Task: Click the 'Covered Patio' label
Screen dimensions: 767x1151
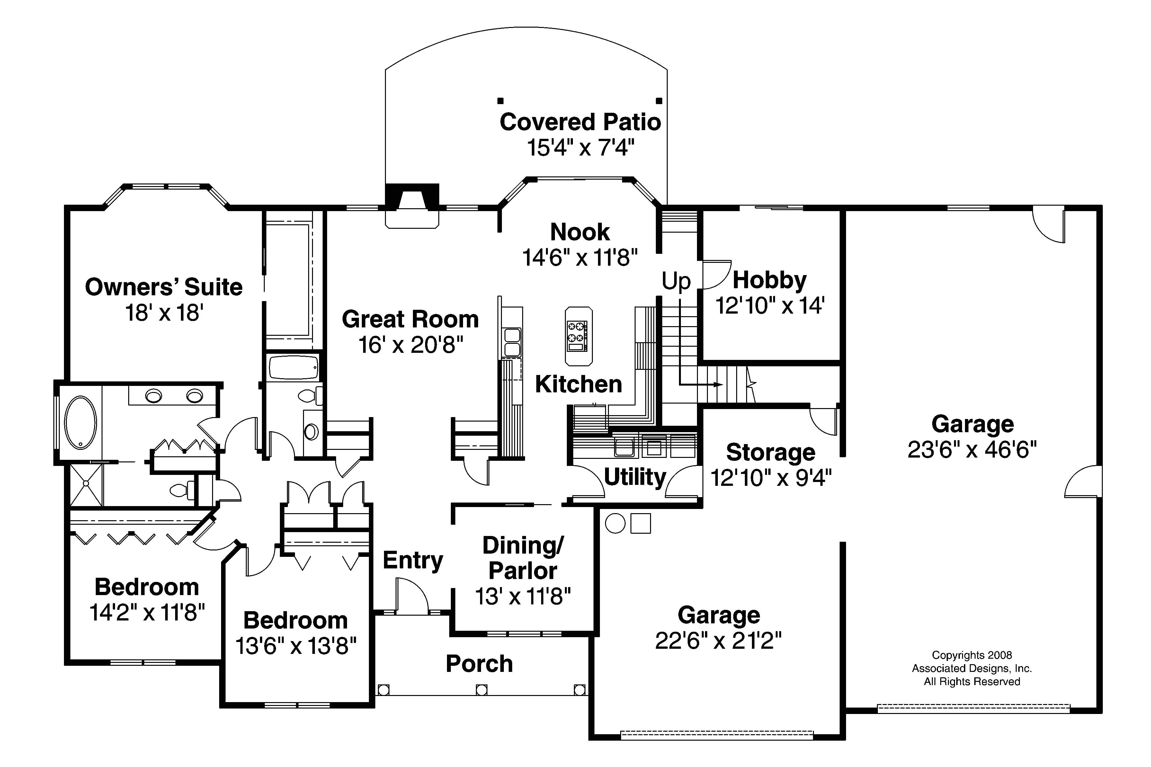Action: click(x=580, y=122)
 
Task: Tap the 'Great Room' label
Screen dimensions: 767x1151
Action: click(x=410, y=319)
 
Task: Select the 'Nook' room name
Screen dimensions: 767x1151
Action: click(x=580, y=232)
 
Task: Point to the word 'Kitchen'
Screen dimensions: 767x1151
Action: click(x=578, y=385)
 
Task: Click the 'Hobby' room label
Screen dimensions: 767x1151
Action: click(x=770, y=280)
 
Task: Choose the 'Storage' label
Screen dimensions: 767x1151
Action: click(x=771, y=452)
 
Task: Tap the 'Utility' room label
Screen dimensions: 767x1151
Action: click(x=635, y=477)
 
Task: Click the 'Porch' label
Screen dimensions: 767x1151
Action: click(x=479, y=664)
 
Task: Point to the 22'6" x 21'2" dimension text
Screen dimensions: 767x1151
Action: click(x=718, y=641)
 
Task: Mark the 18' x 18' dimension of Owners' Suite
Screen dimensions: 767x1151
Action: click(x=164, y=313)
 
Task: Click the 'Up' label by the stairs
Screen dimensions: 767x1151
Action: click(x=676, y=281)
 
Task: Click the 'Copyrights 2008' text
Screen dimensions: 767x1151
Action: click(x=971, y=655)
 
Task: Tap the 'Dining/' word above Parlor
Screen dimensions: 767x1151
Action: click(x=523, y=545)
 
